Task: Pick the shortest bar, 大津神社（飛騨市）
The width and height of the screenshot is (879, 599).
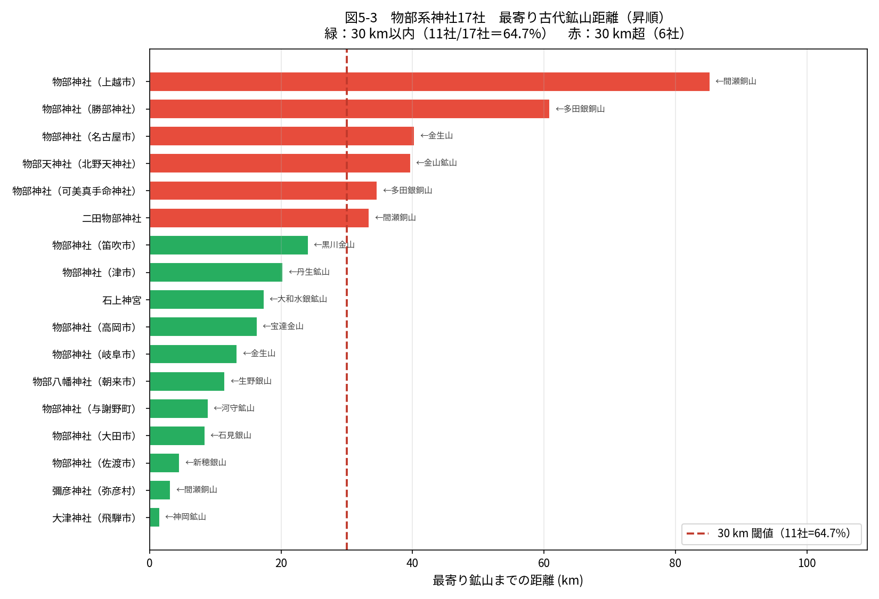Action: point(154,517)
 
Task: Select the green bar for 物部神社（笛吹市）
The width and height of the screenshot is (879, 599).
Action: point(229,245)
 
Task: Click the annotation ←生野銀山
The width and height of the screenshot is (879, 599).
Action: point(251,381)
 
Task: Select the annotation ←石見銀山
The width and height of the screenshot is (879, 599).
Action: point(231,435)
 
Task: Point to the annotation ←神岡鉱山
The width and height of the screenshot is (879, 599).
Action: point(185,516)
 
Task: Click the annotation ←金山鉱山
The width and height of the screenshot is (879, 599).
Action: point(436,162)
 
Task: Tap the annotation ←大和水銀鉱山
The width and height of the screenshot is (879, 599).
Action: point(298,299)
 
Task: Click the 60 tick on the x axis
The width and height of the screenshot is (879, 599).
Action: point(543,563)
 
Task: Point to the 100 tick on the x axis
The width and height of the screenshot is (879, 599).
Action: point(807,563)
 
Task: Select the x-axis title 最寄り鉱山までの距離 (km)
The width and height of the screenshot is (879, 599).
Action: point(508,580)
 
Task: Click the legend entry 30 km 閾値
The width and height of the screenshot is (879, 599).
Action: point(772,534)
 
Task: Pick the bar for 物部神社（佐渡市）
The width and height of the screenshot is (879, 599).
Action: point(164,463)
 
